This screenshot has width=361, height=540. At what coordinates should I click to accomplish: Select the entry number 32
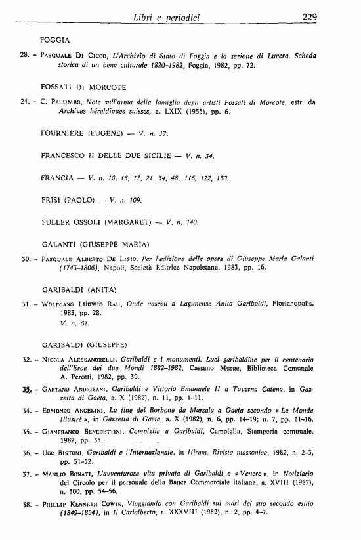pos(26,360)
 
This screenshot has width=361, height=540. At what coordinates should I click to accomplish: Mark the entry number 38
pos(26,504)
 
